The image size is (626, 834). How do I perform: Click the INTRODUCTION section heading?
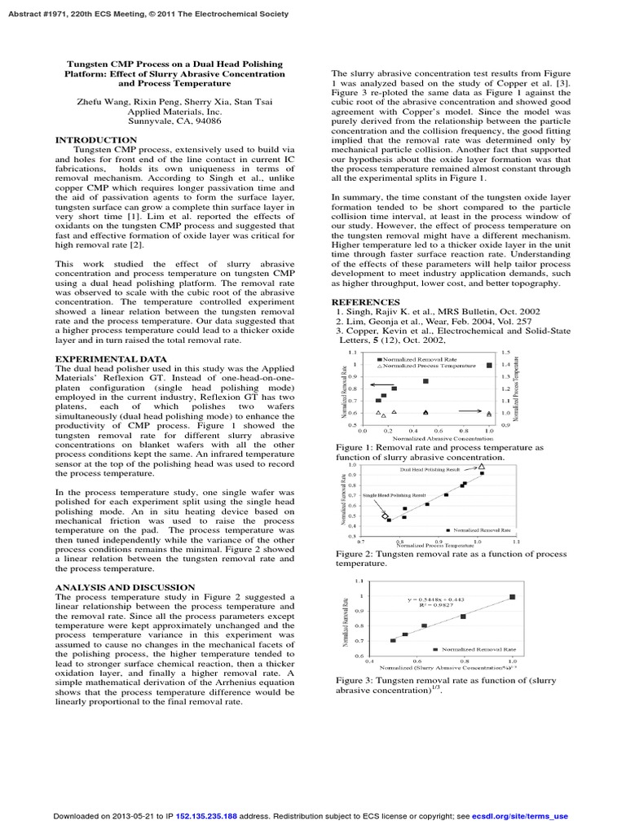coord(95,140)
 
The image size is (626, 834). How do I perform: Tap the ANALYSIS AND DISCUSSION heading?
coord(125,586)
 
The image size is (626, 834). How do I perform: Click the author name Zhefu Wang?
coord(108,101)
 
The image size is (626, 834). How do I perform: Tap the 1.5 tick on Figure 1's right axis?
coord(505,353)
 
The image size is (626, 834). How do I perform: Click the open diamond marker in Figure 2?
coord(385,516)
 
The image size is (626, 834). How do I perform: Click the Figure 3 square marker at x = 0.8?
coord(463,617)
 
